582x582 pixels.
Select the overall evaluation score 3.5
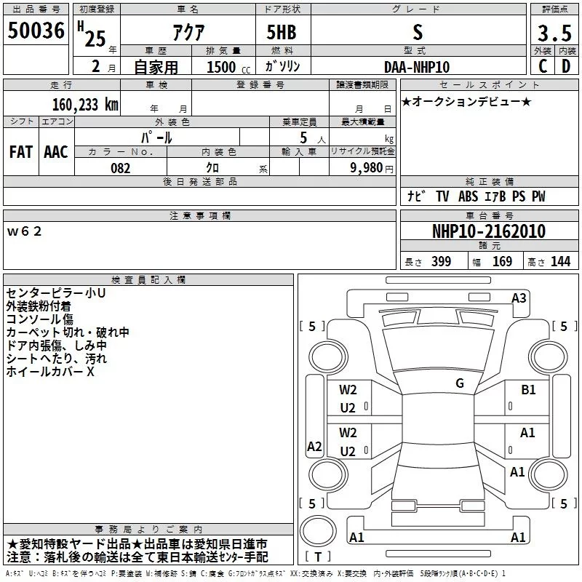(554, 33)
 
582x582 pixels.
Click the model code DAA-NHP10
(417, 66)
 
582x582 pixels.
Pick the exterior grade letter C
(542, 66)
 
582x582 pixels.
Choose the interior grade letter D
(566, 66)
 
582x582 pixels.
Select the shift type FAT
(21, 152)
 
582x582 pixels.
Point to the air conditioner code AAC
(55, 152)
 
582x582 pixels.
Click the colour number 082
(120, 168)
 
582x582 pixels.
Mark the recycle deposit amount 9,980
(367, 168)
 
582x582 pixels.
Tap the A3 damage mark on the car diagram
(519, 297)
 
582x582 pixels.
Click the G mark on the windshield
(460, 383)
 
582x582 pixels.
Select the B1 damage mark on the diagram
(528, 390)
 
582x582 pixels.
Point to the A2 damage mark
(314, 447)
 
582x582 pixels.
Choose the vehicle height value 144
(560, 262)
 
